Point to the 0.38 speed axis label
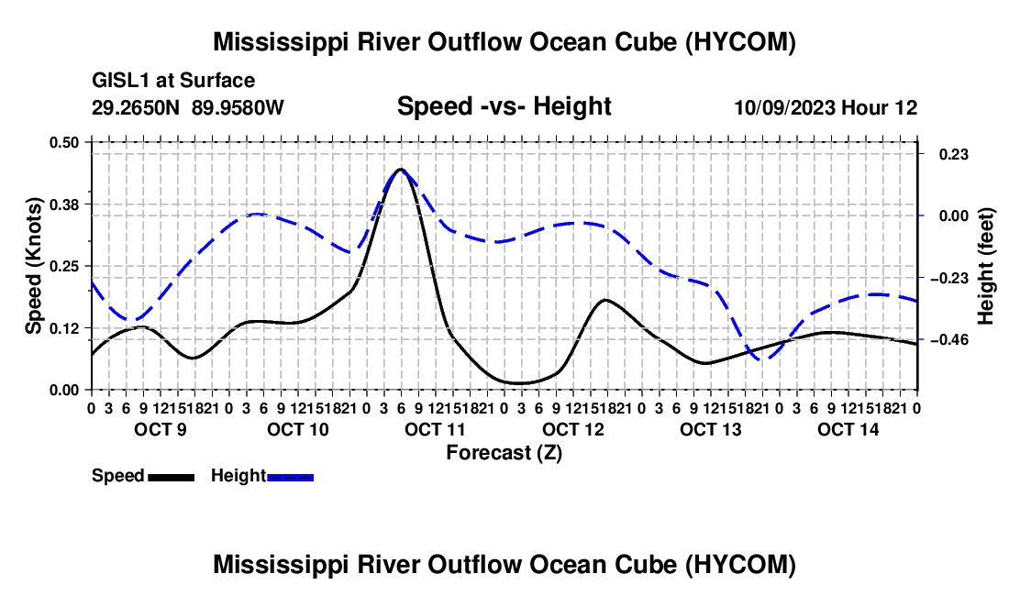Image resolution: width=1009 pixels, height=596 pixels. (63, 204)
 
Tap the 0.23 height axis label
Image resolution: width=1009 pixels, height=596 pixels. (954, 154)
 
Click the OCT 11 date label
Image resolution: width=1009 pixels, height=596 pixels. (435, 429)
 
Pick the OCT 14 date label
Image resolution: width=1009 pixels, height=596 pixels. (848, 429)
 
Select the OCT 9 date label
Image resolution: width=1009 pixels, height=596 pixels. (161, 429)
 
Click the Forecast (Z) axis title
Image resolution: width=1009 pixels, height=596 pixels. (504, 453)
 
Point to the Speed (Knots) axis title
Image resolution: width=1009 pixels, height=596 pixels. (33, 266)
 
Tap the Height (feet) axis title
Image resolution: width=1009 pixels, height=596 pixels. (985, 266)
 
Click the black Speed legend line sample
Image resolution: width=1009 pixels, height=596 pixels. (172, 477)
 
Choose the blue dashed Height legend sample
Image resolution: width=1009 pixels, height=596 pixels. (290, 477)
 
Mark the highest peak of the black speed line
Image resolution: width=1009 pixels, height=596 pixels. (401, 170)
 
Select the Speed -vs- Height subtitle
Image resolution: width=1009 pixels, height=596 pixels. (504, 106)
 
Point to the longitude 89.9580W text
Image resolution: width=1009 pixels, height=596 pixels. (238, 107)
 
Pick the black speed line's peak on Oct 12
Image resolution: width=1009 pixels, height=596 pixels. (605, 300)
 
